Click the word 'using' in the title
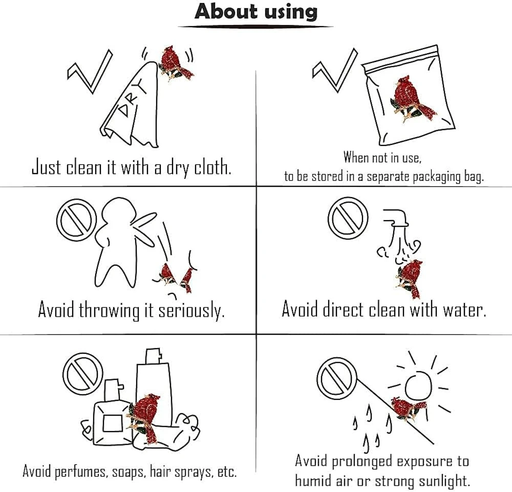[291, 12]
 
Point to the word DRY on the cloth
[132, 98]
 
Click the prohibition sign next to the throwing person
[77, 220]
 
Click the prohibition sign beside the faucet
[348, 218]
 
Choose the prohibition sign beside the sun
[337, 377]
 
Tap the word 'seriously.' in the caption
[191, 310]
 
